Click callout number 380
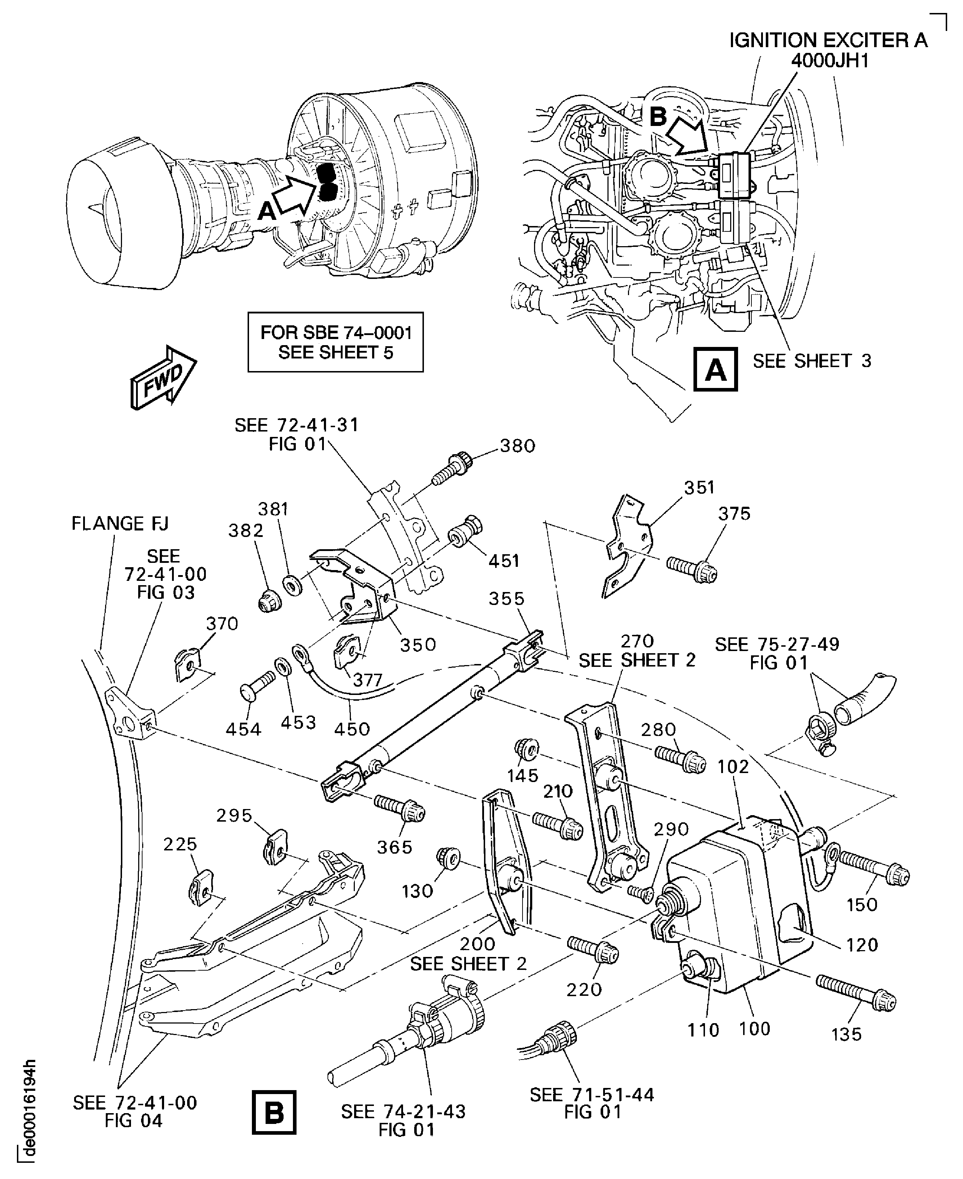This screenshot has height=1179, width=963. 517,446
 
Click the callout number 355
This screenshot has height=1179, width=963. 506,598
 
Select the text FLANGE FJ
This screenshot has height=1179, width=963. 120,523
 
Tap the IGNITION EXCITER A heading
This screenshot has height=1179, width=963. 828,41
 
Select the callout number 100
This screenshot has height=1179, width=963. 754,1029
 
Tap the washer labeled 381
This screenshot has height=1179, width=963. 292,585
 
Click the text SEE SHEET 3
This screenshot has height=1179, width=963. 811,361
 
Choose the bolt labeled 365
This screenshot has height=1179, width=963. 399,809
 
